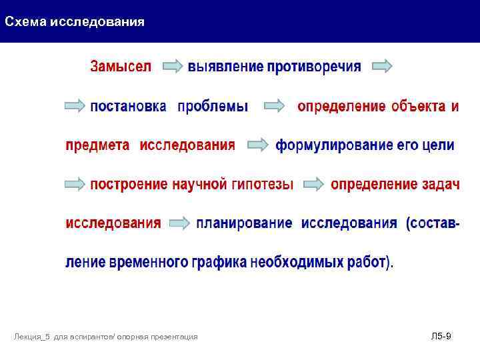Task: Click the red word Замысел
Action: click(x=121, y=67)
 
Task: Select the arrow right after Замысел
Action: click(x=173, y=67)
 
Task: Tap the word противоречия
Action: click(x=314, y=67)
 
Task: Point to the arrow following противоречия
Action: click(x=382, y=67)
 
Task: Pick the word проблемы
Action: click(x=213, y=107)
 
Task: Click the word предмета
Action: click(x=97, y=145)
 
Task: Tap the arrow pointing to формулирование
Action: click(x=257, y=145)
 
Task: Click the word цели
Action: click(x=438, y=145)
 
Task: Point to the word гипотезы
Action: click(x=261, y=185)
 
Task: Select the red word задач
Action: click(x=441, y=184)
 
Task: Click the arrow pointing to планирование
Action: click(x=179, y=224)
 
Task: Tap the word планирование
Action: click(x=244, y=223)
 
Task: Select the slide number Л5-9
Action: click(x=441, y=336)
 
